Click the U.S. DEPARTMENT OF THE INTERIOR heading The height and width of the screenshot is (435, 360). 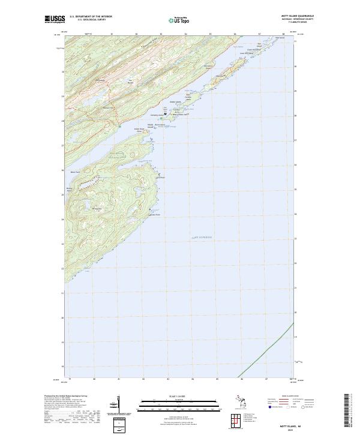pyautogui.click(x=91, y=17)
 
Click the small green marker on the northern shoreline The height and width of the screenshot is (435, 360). pyautogui.click(x=120, y=127)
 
